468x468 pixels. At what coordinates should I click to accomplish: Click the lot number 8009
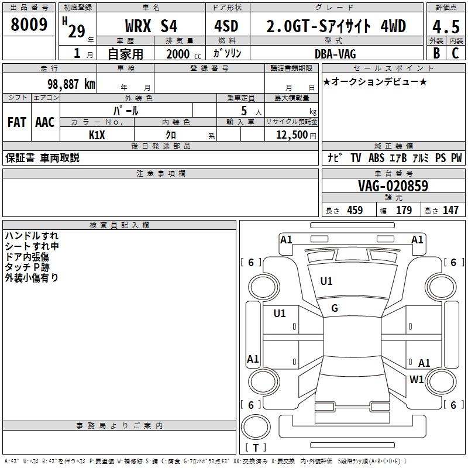point(29,25)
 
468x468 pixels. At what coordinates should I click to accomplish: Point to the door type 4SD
point(228,26)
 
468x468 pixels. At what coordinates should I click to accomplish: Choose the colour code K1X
point(97,135)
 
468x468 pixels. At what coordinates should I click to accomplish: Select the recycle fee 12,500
point(290,135)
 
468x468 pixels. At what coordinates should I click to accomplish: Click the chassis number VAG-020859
point(393,186)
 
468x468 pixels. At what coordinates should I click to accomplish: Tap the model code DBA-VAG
point(335,54)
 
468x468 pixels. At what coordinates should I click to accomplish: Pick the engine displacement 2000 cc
point(181,54)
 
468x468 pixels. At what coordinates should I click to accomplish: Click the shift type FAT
point(16,122)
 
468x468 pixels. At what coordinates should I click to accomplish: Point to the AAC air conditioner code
point(45,122)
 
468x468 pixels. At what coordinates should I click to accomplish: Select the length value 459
point(355,211)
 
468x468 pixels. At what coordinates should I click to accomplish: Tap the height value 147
point(450,211)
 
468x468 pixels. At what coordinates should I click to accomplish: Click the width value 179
point(404,211)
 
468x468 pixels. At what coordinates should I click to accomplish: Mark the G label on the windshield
point(335,308)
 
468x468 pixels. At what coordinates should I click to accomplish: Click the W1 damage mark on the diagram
point(417,379)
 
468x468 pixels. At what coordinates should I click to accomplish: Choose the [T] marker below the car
point(256,448)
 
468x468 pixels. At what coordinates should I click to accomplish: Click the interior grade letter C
point(455,53)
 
